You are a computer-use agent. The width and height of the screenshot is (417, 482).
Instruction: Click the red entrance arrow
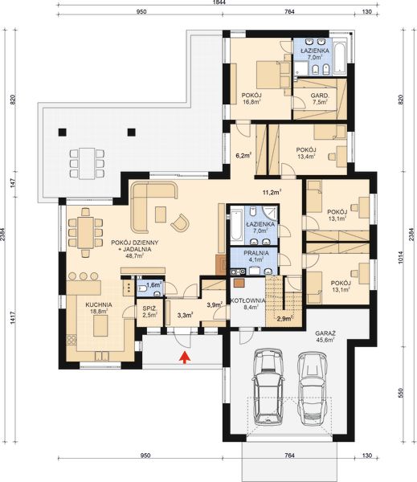186,357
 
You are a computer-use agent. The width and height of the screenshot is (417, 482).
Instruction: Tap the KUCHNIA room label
100,305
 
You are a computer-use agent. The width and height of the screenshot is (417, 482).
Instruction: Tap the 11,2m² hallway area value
271,192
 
